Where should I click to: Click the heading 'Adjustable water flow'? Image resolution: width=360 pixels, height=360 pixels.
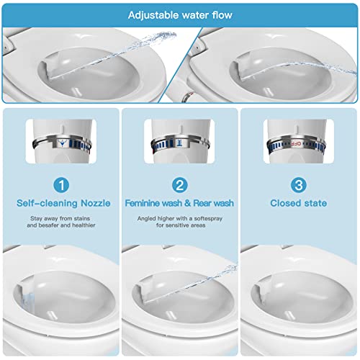(x=179, y=14)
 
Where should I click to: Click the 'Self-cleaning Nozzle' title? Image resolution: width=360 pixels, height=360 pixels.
(x=63, y=203)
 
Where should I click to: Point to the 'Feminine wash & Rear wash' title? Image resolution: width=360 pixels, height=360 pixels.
(x=179, y=203)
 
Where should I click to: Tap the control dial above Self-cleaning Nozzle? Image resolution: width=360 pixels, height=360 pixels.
(x=63, y=143)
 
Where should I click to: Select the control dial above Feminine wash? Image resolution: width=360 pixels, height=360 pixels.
(x=179, y=143)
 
